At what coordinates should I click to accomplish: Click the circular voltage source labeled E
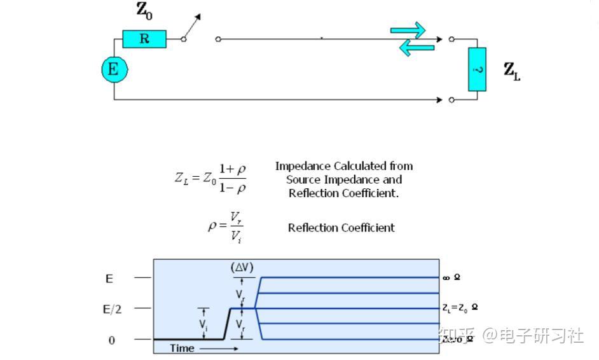tap(114, 69)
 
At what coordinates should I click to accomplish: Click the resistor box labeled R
tap(144, 39)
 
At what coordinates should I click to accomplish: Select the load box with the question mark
tap(477, 69)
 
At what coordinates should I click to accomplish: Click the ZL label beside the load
tap(512, 71)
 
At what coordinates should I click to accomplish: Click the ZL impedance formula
tap(210, 177)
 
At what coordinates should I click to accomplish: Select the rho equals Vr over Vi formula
tap(226, 227)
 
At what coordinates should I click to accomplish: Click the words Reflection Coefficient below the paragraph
tap(341, 228)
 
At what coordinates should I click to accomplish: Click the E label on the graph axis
tap(109, 278)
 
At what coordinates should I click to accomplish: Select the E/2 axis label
tap(112, 308)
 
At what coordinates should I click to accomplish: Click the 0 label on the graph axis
tap(112, 340)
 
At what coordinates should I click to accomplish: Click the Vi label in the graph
tap(203, 324)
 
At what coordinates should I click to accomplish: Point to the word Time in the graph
tap(182, 348)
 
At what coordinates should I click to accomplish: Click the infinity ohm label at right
tap(452, 278)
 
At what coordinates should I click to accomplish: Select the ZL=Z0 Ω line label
tap(460, 308)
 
